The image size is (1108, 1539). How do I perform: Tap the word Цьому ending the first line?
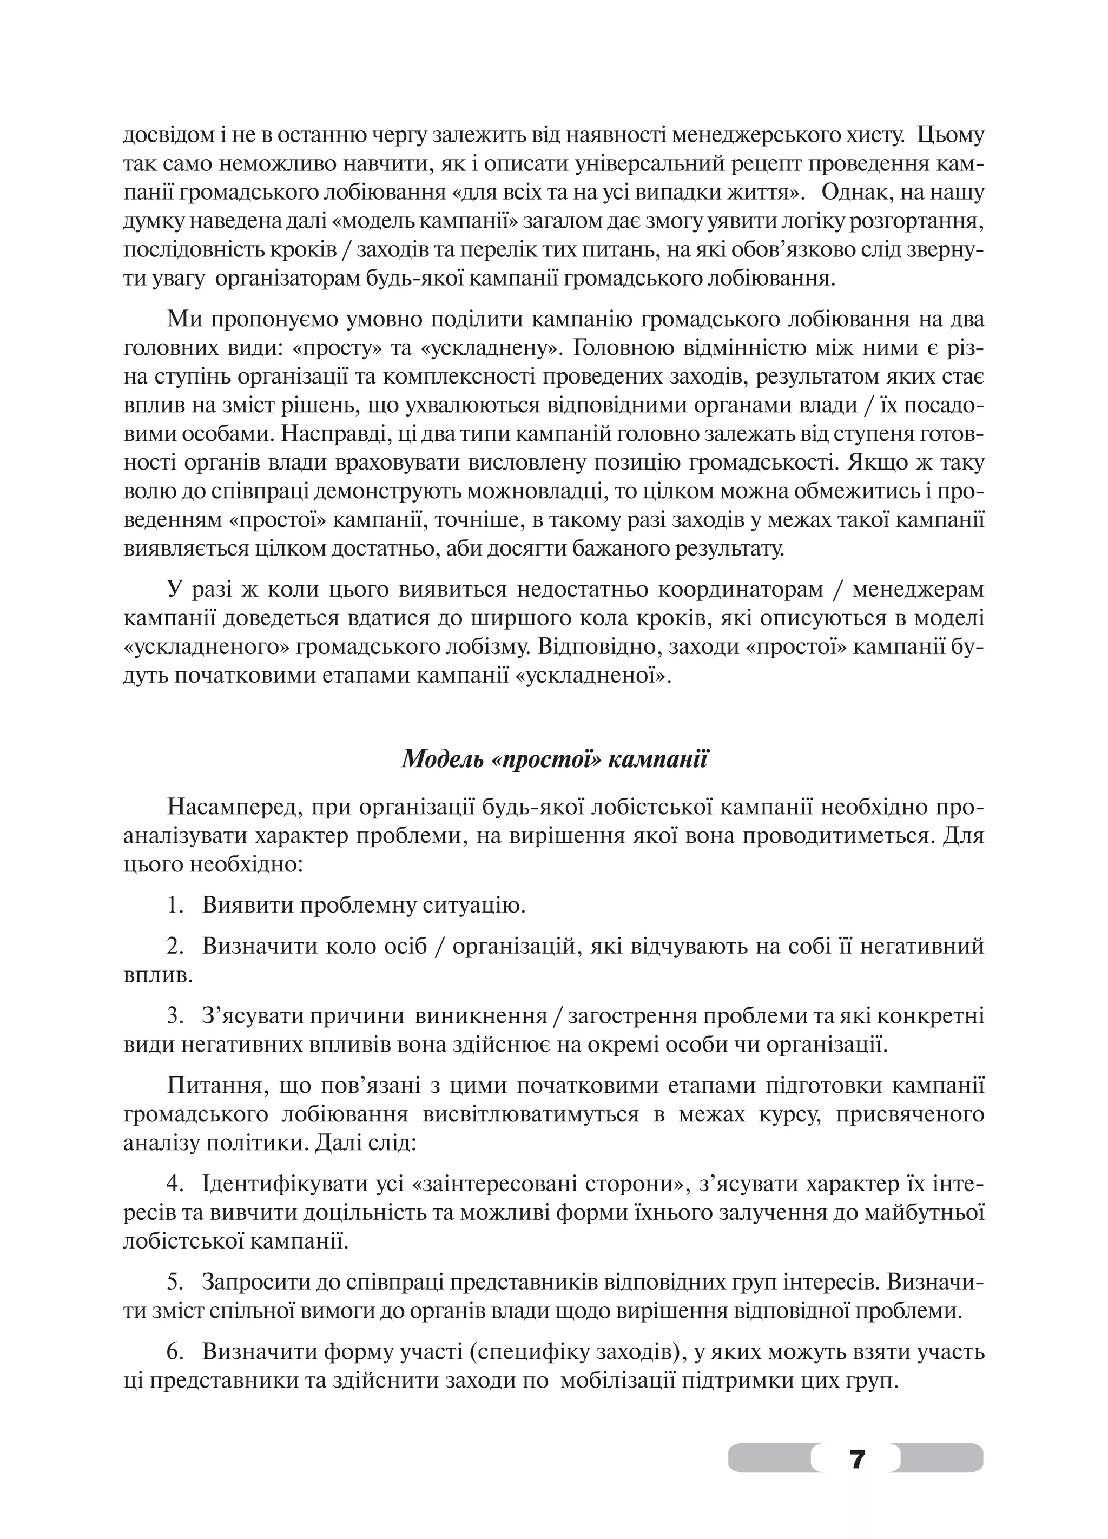tap(950, 136)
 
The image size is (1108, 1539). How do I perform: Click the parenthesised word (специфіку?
tap(526, 1352)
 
